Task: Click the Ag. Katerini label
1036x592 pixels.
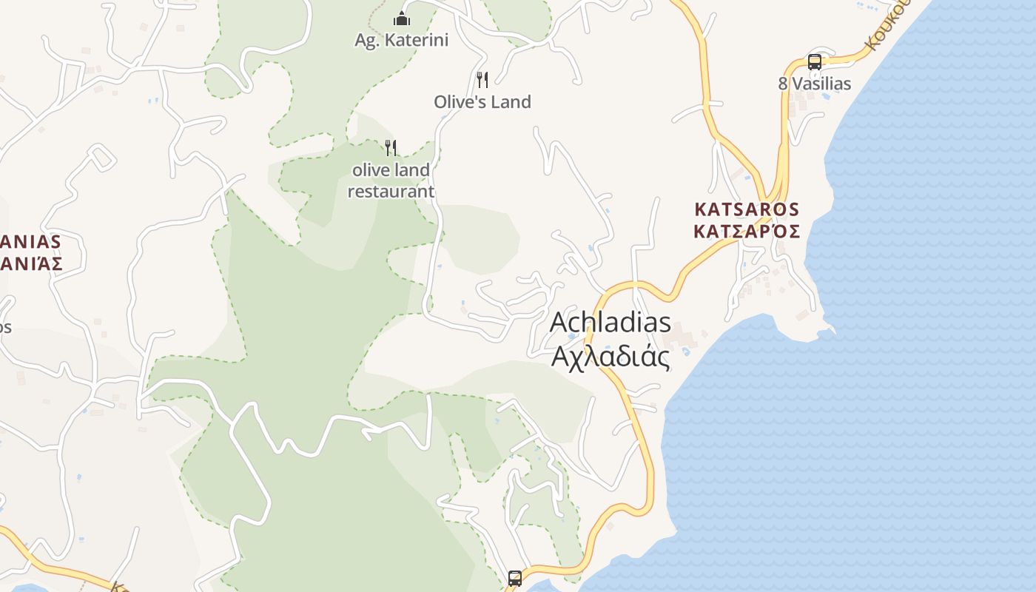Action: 401,40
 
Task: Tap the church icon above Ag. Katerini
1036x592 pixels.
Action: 402,18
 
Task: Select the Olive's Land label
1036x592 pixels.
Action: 482,102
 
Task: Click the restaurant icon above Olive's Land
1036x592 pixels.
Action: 482,79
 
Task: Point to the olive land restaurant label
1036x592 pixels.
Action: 391,181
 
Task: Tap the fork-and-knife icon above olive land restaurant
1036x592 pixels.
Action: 391,148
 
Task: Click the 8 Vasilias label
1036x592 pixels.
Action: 814,84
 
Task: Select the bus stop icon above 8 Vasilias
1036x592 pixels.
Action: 814,62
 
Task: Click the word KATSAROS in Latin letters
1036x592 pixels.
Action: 747,209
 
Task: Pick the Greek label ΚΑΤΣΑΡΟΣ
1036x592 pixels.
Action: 747,232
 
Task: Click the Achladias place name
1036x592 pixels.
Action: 610,323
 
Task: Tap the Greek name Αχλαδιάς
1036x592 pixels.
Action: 610,357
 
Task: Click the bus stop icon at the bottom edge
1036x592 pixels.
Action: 515,579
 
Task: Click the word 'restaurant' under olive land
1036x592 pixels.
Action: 391,192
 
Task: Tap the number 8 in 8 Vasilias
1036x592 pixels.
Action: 783,84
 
